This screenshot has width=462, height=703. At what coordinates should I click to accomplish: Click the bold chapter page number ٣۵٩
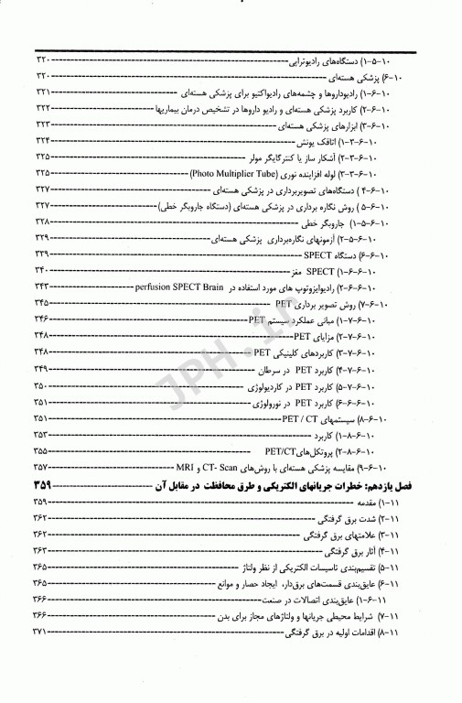[x=46, y=484]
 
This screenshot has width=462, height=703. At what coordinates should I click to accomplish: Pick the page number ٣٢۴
[x=43, y=140]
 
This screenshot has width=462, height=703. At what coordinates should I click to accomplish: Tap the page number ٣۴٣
[x=43, y=287]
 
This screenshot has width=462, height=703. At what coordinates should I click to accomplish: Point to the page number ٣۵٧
[x=43, y=467]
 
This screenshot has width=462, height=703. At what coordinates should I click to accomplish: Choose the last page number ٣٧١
[x=43, y=659]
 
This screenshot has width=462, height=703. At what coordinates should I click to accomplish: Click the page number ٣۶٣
[x=43, y=551]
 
